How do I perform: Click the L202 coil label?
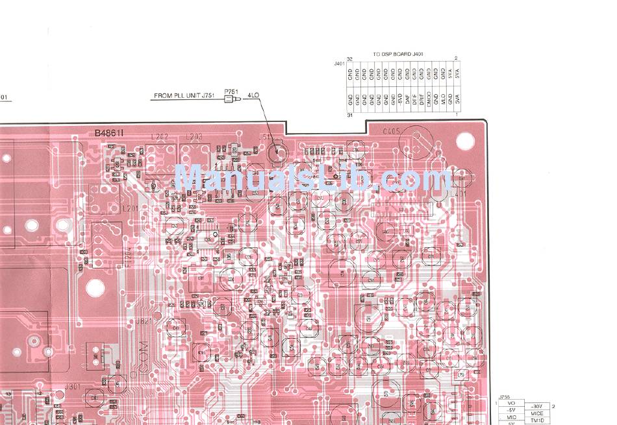point(158,137)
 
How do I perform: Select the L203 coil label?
point(194,137)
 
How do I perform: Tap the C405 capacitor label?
point(392,131)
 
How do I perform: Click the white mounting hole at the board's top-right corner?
point(465,140)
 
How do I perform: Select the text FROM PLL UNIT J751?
point(184,96)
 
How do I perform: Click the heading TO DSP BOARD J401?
point(398,54)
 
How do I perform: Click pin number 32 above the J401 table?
point(349,59)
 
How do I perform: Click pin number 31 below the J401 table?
point(349,115)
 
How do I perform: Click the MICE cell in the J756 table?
point(536,413)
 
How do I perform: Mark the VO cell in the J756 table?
point(511,404)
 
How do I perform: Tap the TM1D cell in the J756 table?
point(536,420)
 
